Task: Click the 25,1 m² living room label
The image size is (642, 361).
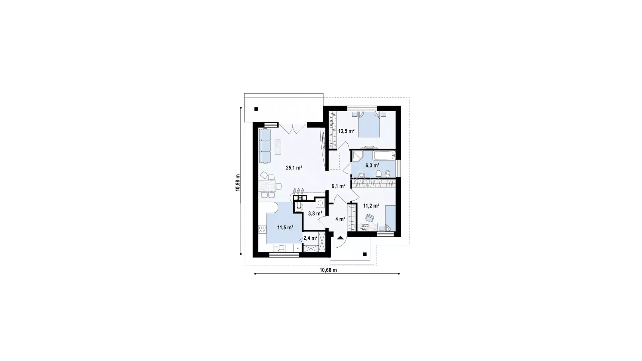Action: point(294,168)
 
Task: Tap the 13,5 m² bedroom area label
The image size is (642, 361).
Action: point(346,131)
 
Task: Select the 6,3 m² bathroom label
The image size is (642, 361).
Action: point(372,165)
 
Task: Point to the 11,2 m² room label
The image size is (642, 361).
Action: point(371,206)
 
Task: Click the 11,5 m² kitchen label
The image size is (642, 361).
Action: point(285,228)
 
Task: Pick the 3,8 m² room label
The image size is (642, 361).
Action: point(315,213)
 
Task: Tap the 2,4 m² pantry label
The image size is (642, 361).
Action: point(310,238)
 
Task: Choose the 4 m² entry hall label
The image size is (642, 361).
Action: point(340,219)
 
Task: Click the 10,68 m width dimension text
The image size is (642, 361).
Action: point(328,270)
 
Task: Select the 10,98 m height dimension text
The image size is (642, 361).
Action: point(238,183)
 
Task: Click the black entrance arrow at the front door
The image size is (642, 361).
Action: point(340,238)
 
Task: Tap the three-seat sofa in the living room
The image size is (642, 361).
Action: point(265,146)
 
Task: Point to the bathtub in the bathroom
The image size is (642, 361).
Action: point(384,155)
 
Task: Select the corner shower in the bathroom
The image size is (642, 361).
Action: point(358,156)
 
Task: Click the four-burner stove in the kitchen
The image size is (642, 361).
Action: point(262,229)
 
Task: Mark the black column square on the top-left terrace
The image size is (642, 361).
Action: point(256,109)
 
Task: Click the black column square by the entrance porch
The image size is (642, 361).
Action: point(365,254)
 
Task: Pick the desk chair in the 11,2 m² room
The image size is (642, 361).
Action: point(369,218)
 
